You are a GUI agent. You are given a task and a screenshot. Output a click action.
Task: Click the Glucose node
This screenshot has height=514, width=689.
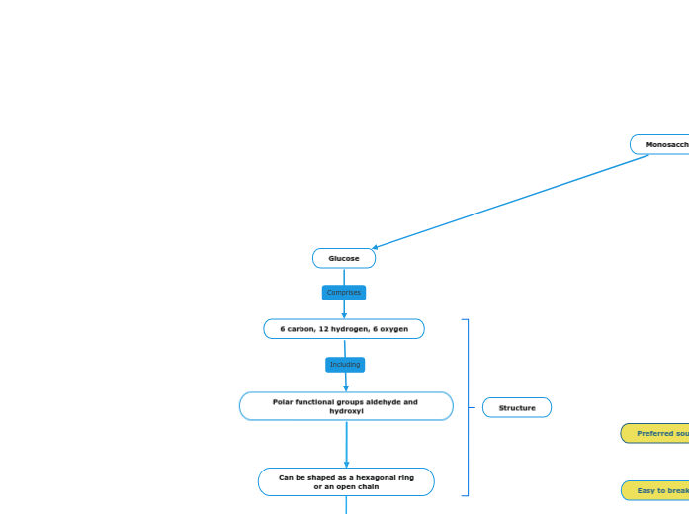[x=344, y=258]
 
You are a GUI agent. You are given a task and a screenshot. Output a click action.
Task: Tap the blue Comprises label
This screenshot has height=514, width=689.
[x=344, y=293]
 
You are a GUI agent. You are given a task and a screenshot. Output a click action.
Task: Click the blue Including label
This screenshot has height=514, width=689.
[x=345, y=365]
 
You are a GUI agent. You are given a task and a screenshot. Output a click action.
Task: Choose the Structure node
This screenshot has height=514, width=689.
[x=517, y=407]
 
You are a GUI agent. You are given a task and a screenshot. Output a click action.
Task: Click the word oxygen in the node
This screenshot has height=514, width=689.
[x=391, y=329]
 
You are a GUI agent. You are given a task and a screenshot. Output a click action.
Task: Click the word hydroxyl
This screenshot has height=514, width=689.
[x=346, y=411]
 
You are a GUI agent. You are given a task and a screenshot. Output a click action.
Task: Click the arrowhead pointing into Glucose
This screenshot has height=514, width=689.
[x=376, y=248]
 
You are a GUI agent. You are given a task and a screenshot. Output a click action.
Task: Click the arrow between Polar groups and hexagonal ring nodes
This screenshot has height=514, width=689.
[x=346, y=445]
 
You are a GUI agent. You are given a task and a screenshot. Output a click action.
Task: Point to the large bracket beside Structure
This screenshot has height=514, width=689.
[x=467, y=407]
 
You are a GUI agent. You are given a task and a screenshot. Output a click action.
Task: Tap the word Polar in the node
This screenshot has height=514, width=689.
[x=283, y=402]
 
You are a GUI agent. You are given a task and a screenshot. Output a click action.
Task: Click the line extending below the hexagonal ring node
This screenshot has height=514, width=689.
[x=346, y=505]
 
